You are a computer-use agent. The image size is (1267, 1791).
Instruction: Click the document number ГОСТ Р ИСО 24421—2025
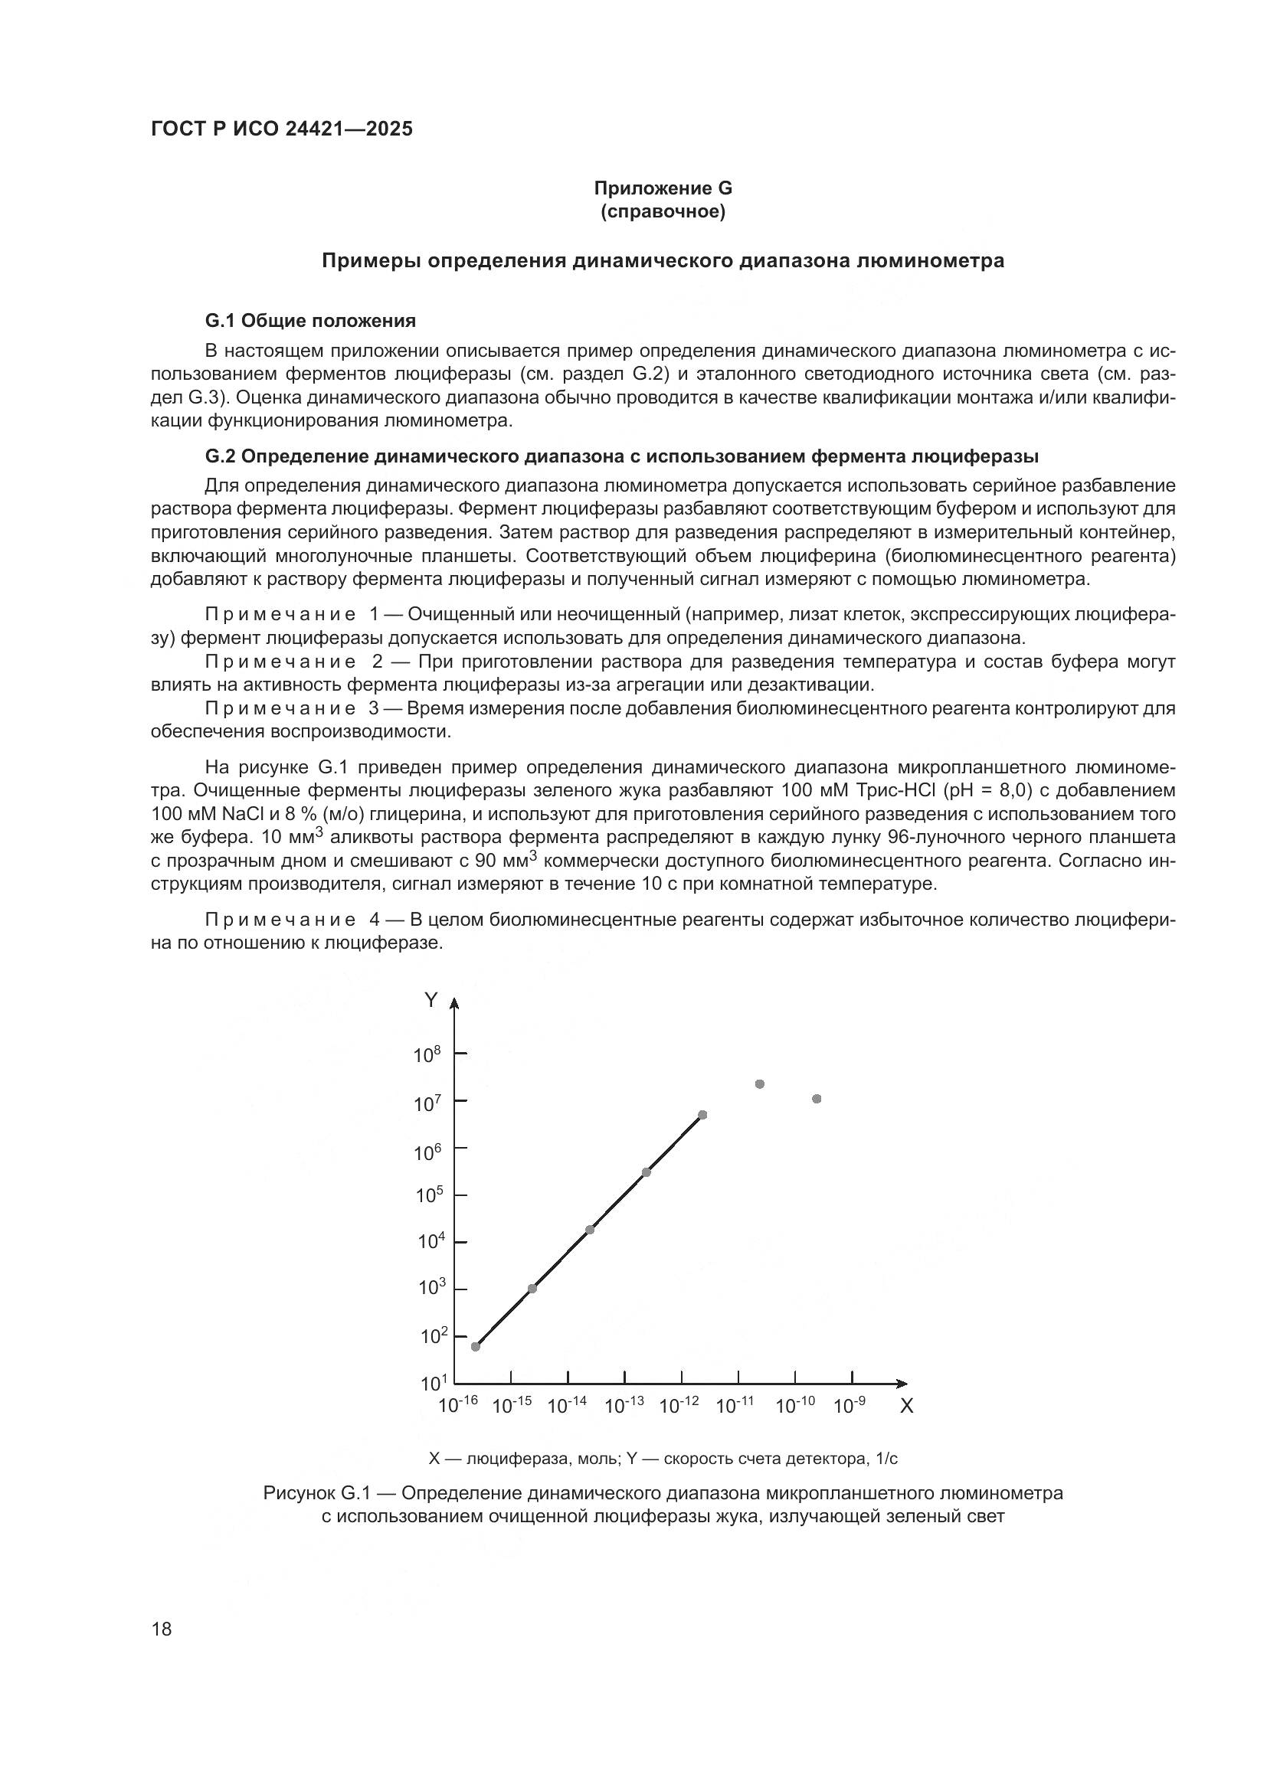(282, 129)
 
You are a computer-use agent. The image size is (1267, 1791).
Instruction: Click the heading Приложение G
(663, 188)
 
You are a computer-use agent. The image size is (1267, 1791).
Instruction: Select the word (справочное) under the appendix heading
(663, 211)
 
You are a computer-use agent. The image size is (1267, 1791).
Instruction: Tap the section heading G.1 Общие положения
(309, 321)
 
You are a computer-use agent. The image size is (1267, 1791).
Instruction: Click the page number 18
(162, 1629)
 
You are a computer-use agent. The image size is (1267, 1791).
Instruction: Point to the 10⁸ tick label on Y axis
(427, 1055)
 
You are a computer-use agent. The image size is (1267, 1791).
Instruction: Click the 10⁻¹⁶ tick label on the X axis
(458, 1406)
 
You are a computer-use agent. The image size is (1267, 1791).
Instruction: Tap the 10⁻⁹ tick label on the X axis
(850, 1406)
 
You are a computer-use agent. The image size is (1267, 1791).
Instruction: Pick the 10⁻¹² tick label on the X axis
(679, 1406)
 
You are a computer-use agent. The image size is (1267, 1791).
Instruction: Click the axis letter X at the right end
(906, 1407)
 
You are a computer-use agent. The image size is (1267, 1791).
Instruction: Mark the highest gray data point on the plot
(760, 1084)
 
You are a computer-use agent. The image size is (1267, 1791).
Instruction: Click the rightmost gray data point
(817, 1099)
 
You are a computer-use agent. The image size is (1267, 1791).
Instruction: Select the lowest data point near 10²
(476, 1346)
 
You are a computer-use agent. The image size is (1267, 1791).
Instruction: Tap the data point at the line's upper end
(702, 1115)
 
